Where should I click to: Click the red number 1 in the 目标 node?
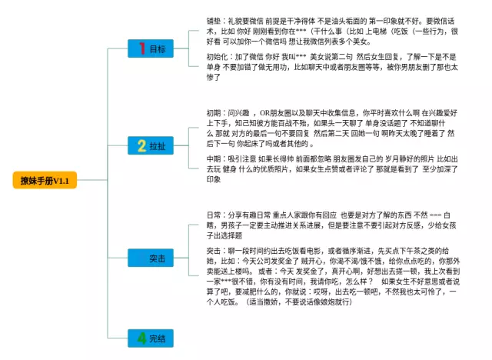click(x=141, y=48)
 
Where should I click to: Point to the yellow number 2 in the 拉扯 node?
click(x=141, y=145)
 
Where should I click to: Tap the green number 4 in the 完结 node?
click(x=141, y=338)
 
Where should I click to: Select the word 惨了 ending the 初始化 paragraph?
click(x=214, y=78)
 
